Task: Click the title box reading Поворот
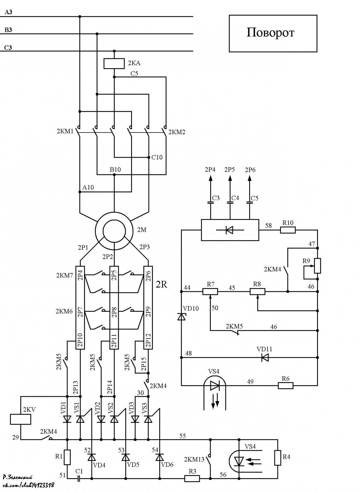(273, 33)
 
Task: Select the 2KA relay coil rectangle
(114, 64)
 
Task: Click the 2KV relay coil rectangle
(21, 419)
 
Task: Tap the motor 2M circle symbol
(114, 231)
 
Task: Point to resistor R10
(288, 230)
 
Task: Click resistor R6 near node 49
(286, 385)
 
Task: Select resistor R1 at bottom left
(67, 457)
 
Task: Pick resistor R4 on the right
(277, 458)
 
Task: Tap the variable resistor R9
(317, 266)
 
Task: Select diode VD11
(265, 358)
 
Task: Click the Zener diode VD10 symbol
(181, 316)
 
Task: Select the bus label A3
(8, 12)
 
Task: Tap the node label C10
(157, 157)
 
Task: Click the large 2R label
(161, 284)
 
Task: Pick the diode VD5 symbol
(126, 458)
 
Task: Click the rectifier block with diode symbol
(230, 230)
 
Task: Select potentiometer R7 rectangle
(210, 292)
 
